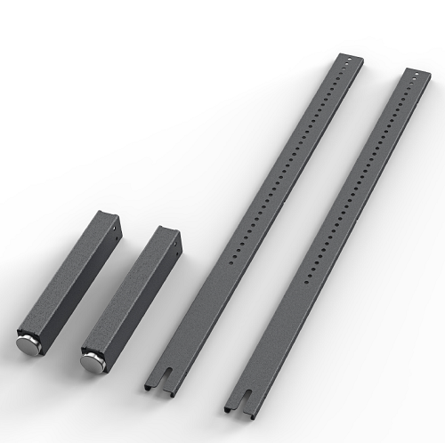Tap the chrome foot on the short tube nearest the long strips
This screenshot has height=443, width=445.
[92, 358]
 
